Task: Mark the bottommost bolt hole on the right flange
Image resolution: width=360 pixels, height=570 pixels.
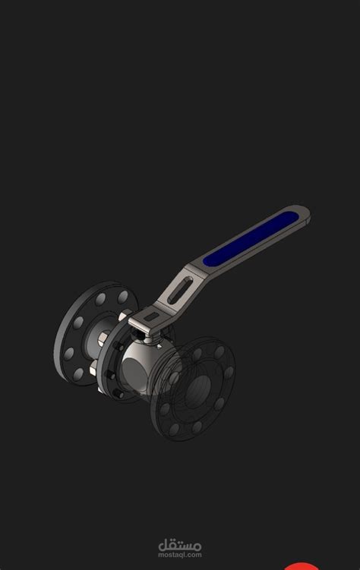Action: (172, 433)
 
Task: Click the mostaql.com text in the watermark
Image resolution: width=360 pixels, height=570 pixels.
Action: (180, 554)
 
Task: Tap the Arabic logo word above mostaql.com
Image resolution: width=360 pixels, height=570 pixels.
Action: (180, 543)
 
